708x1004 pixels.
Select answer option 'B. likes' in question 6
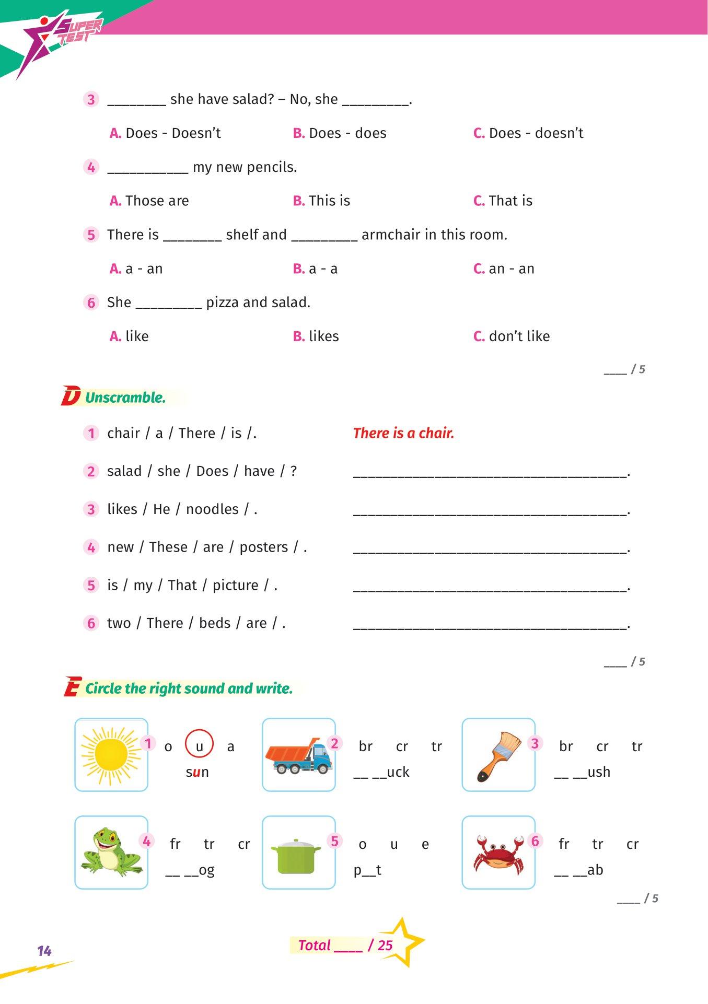[316, 336]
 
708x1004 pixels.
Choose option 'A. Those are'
[149, 201]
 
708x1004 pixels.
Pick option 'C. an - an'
[504, 269]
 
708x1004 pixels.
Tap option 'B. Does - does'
[340, 133]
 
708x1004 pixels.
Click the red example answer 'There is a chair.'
[403, 433]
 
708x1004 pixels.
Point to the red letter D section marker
[71, 396]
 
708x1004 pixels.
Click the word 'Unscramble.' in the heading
[125, 398]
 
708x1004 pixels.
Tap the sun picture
[111, 755]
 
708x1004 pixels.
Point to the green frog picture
[111, 852]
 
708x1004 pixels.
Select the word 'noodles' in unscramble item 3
[212, 509]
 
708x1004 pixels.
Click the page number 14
[44, 951]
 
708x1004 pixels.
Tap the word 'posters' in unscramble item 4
[264, 547]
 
